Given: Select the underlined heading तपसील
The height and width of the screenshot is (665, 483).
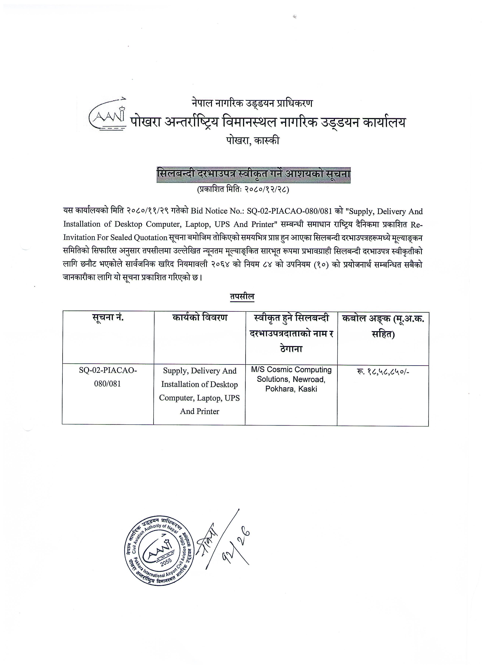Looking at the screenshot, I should (242, 297).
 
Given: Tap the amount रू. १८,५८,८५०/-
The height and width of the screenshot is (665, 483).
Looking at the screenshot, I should (383, 372).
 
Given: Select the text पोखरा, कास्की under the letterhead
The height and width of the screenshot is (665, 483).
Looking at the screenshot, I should (253, 141).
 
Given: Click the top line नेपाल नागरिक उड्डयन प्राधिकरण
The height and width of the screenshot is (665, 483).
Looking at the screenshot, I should (252, 103).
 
